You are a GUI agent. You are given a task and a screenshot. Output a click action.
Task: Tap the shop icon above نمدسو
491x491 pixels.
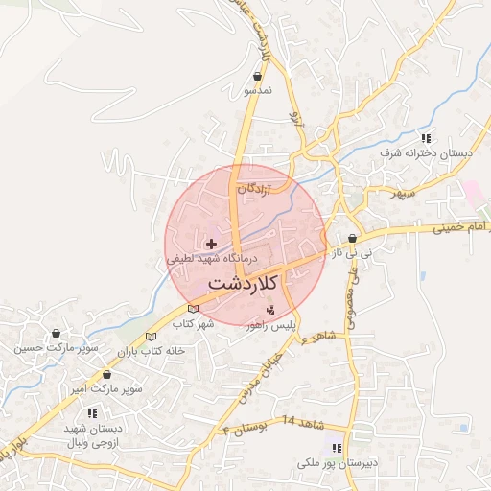click(x=257, y=76)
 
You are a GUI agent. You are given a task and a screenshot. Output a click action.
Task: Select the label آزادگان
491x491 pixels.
click(x=255, y=189)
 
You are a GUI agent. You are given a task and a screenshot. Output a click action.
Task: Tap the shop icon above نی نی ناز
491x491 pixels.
click(x=353, y=239)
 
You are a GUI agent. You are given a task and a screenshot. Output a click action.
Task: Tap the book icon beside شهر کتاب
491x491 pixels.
click(x=194, y=309)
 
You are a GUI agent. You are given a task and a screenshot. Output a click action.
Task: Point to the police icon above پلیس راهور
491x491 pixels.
click(x=270, y=310)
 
